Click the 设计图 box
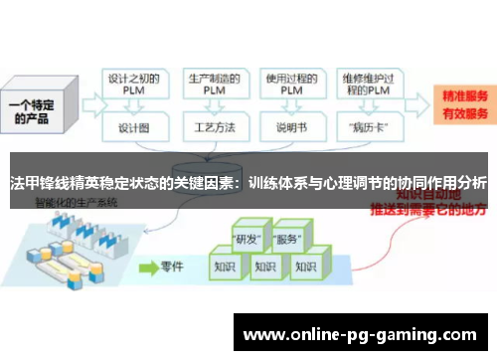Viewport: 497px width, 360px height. pos(134,129)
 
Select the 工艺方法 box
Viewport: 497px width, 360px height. pos(212,129)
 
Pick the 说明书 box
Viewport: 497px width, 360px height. pos(289,129)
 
